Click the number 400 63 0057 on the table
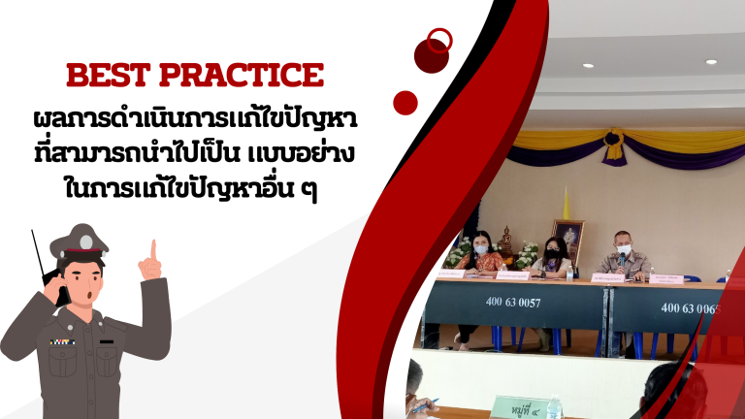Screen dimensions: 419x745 click(512, 303)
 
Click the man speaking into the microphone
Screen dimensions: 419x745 click(621, 254)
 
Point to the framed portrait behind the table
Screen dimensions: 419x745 click(567, 237)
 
